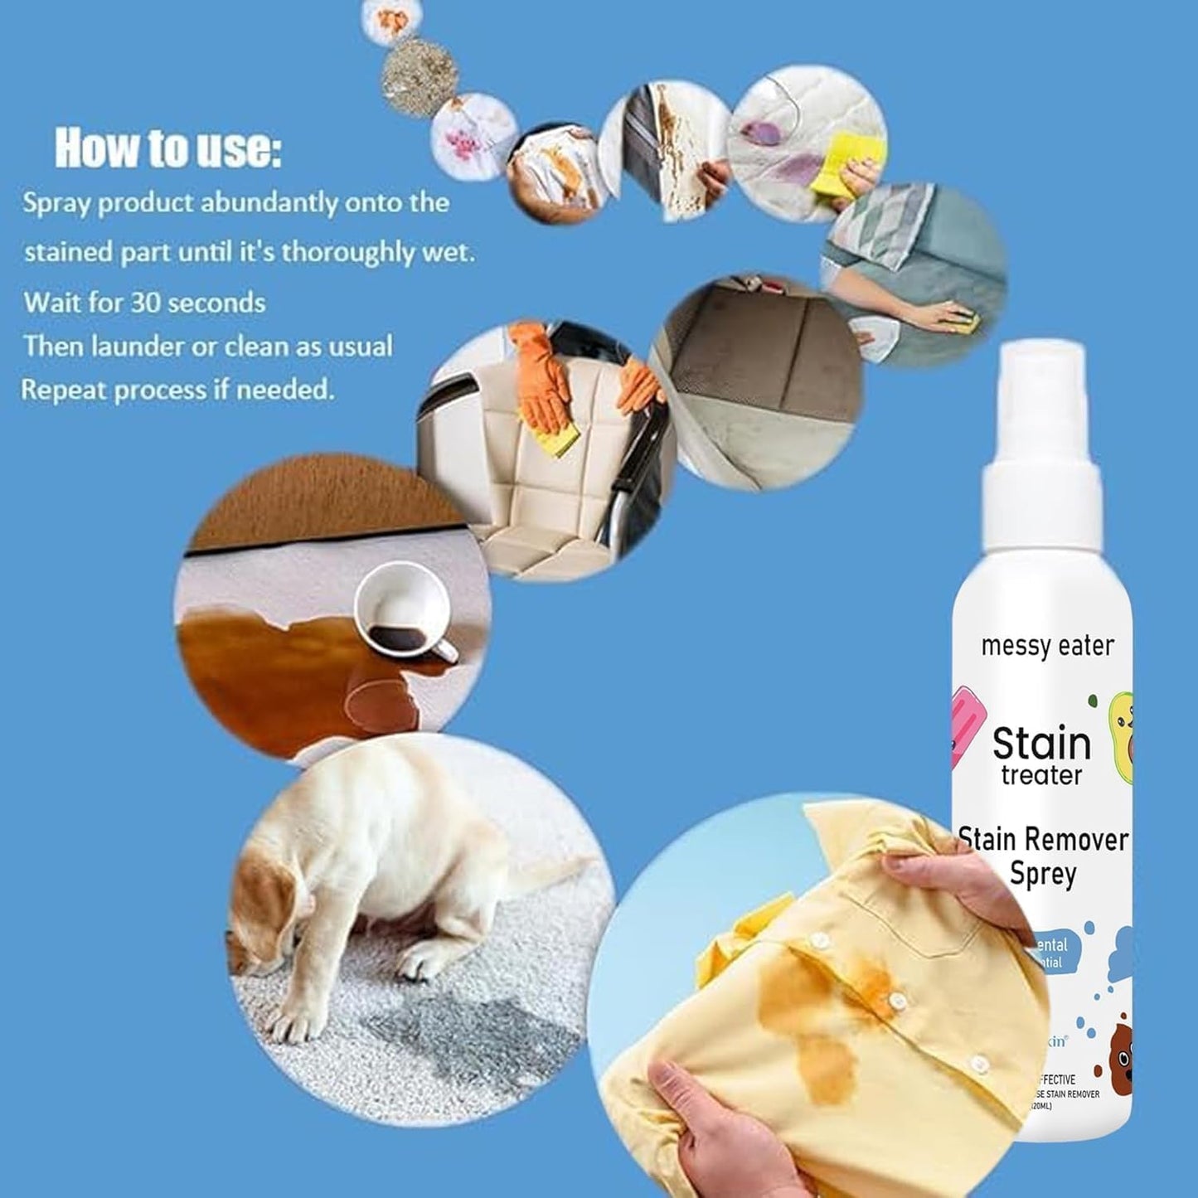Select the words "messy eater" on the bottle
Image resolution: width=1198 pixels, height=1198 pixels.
point(1047,646)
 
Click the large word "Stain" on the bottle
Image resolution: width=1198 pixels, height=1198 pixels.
point(1041,743)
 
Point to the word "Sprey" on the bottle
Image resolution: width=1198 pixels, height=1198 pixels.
point(1043,874)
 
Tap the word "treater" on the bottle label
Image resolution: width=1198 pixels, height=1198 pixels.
point(1041,776)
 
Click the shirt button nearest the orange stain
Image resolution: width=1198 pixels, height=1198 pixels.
point(892,995)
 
